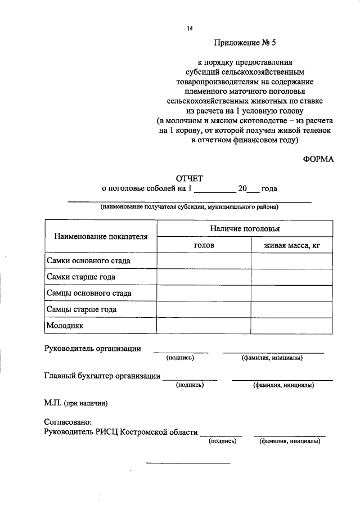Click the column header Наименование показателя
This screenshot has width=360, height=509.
click(x=101, y=236)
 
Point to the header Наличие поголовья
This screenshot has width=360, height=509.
click(x=245, y=229)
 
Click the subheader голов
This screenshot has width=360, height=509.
click(x=204, y=245)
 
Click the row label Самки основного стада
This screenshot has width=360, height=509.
click(x=89, y=261)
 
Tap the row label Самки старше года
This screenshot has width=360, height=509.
click(x=82, y=277)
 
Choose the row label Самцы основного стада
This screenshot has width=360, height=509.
click(x=89, y=293)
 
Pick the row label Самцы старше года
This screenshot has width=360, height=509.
click(x=82, y=309)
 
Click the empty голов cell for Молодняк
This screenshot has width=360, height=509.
click(x=204, y=326)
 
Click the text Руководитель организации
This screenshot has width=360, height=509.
click(x=92, y=349)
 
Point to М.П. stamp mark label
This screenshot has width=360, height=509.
click(x=75, y=403)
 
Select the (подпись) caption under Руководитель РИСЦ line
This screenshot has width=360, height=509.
click(x=222, y=442)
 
